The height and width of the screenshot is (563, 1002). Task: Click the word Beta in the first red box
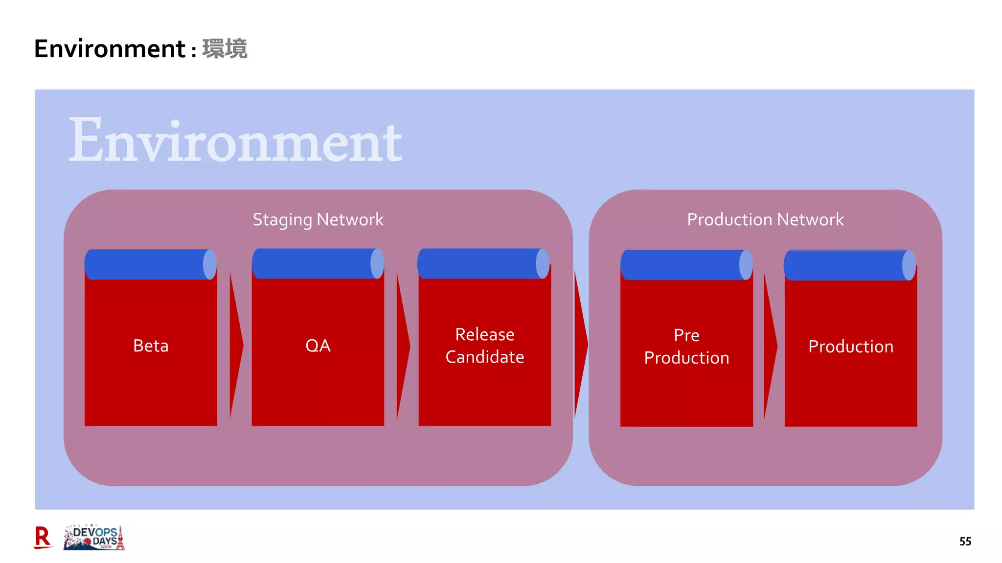[151, 346]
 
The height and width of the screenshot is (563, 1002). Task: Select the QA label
[318, 346]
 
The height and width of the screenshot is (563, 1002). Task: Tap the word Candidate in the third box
[484, 357]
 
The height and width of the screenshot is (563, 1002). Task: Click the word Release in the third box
[484, 335]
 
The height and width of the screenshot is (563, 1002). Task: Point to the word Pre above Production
[686, 335]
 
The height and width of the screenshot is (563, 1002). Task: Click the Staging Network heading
[318, 219]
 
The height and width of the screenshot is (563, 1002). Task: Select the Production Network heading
[765, 219]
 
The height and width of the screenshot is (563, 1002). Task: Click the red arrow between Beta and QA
[235, 346]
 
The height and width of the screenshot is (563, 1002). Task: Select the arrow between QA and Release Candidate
[402, 346]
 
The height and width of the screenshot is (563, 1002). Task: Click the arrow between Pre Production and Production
[770, 346]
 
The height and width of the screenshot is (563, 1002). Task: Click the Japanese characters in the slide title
[225, 49]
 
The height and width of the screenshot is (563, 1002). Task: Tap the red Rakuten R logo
[43, 538]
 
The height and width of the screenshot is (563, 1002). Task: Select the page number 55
[965, 541]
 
